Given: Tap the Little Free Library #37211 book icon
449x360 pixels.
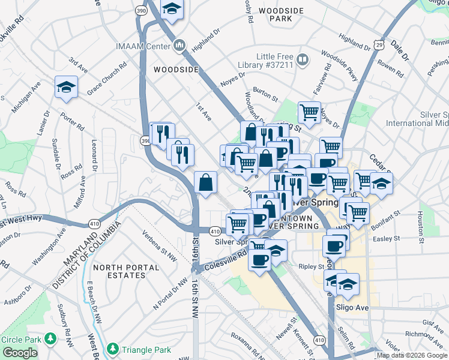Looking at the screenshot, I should tap(303, 60).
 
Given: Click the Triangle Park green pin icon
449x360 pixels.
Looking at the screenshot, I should tap(112, 349).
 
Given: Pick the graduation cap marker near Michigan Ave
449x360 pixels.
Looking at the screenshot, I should tap(65, 88).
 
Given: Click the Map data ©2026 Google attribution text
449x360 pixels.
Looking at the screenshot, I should tap(412, 355).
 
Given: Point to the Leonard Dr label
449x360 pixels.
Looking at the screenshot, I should tap(94, 153).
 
